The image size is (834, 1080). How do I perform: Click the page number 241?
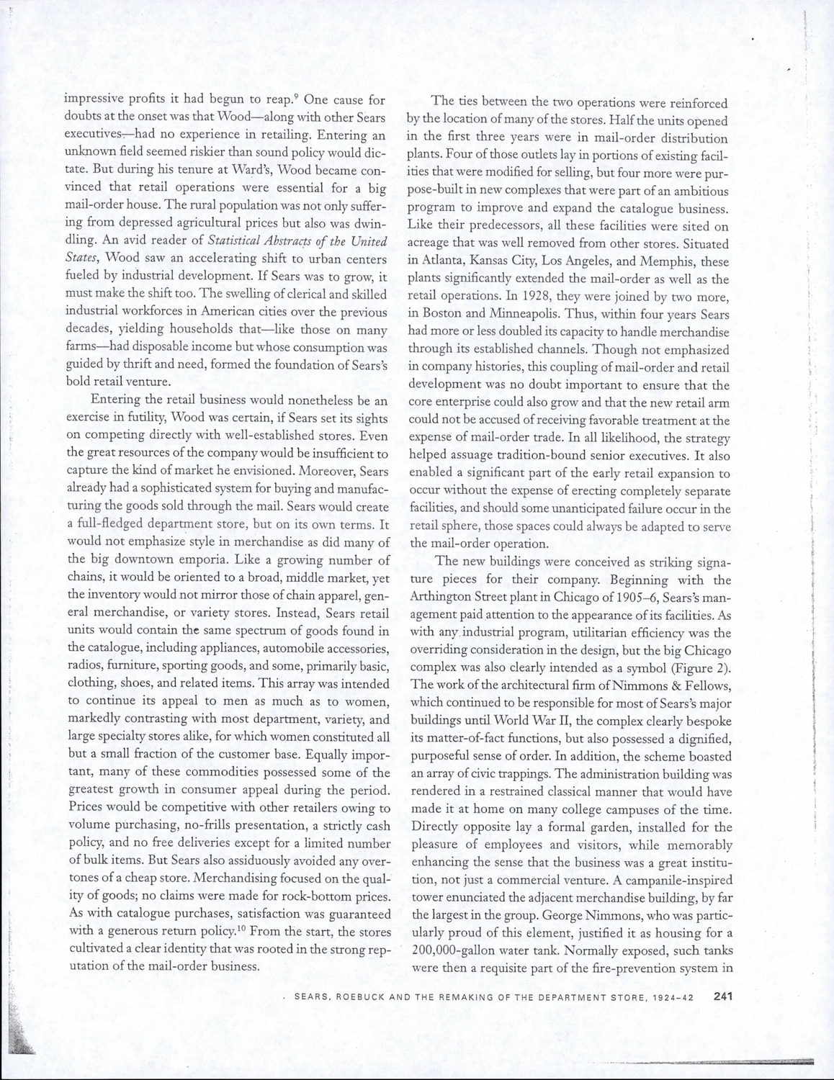(x=722, y=997)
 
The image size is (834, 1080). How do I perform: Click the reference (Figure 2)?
(x=699, y=668)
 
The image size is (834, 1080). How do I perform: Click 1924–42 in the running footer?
(x=681, y=998)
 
